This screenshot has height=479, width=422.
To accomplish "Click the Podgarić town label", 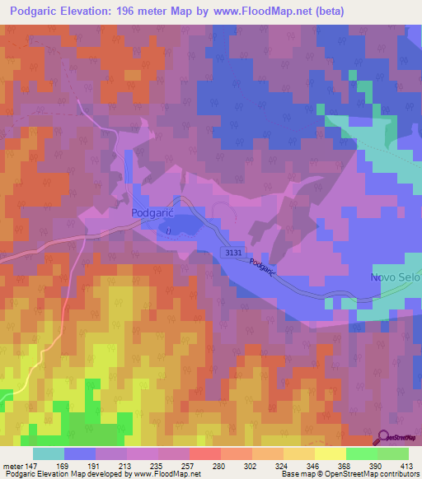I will tap(151, 212).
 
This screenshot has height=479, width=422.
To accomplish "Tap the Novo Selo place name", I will tap(396, 278).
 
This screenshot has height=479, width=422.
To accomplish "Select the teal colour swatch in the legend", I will tap(48, 453).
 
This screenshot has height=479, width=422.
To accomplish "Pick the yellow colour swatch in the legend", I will tap(330, 453).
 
